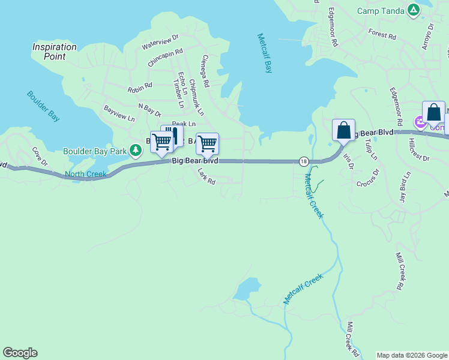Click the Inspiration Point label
(55, 51)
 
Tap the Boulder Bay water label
(43, 106)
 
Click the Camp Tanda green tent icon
(413, 10)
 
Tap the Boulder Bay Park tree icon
(136, 149)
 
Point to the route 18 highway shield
(304, 161)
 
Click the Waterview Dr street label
(160, 41)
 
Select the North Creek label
(85, 175)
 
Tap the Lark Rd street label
(206, 176)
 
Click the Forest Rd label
(382, 35)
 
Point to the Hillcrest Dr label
(418, 151)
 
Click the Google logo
(20, 353)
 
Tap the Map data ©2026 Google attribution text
(412, 355)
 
